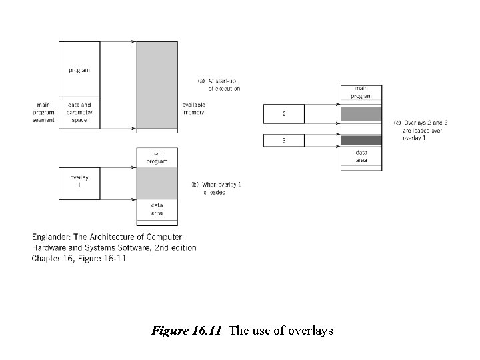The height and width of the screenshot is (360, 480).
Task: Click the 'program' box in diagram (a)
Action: pyautogui.click(x=79, y=69)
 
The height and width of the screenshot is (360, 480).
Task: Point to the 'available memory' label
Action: pyautogui.click(x=193, y=109)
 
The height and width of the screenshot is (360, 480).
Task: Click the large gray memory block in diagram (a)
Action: pyautogui.click(x=157, y=84)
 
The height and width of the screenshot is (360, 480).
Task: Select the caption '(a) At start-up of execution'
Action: pyautogui.click(x=219, y=85)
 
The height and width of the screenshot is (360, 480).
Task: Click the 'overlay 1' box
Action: pyautogui.click(x=79, y=182)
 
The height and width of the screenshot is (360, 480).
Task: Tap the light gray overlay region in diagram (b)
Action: pyautogui.click(x=157, y=183)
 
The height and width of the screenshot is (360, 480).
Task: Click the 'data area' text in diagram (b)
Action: pyautogui.click(x=157, y=209)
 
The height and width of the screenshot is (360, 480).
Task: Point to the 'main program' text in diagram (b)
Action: pyautogui.click(x=157, y=158)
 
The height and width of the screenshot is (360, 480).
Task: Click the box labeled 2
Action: pyautogui.click(x=284, y=114)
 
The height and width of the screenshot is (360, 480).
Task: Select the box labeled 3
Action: pyautogui.click(x=284, y=140)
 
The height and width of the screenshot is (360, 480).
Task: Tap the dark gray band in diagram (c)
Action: pyautogui.click(x=361, y=140)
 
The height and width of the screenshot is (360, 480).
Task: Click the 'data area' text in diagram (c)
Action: pyautogui.click(x=361, y=156)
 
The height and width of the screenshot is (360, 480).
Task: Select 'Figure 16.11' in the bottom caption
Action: pyautogui.click(x=187, y=331)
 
